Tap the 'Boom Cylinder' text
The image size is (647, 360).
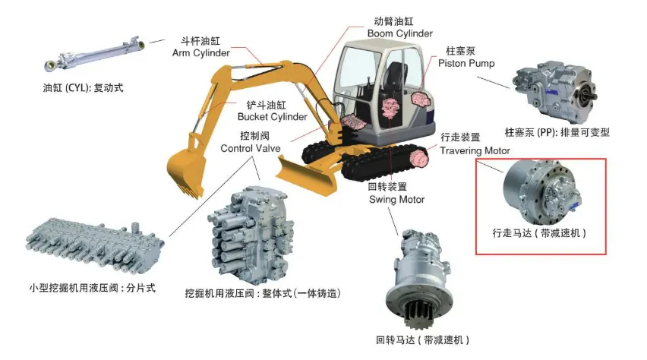pyautogui.click(x=399, y=33)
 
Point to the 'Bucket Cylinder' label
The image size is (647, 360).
pyautogui.click(x=272, y=117)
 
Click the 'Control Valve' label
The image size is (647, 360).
pyautogui.click(x=251, y=149)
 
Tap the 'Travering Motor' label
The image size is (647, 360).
pyautogui.click(x=475, y=150)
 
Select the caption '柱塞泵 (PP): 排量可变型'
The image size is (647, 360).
pyautogui.click(x=563, y=131)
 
